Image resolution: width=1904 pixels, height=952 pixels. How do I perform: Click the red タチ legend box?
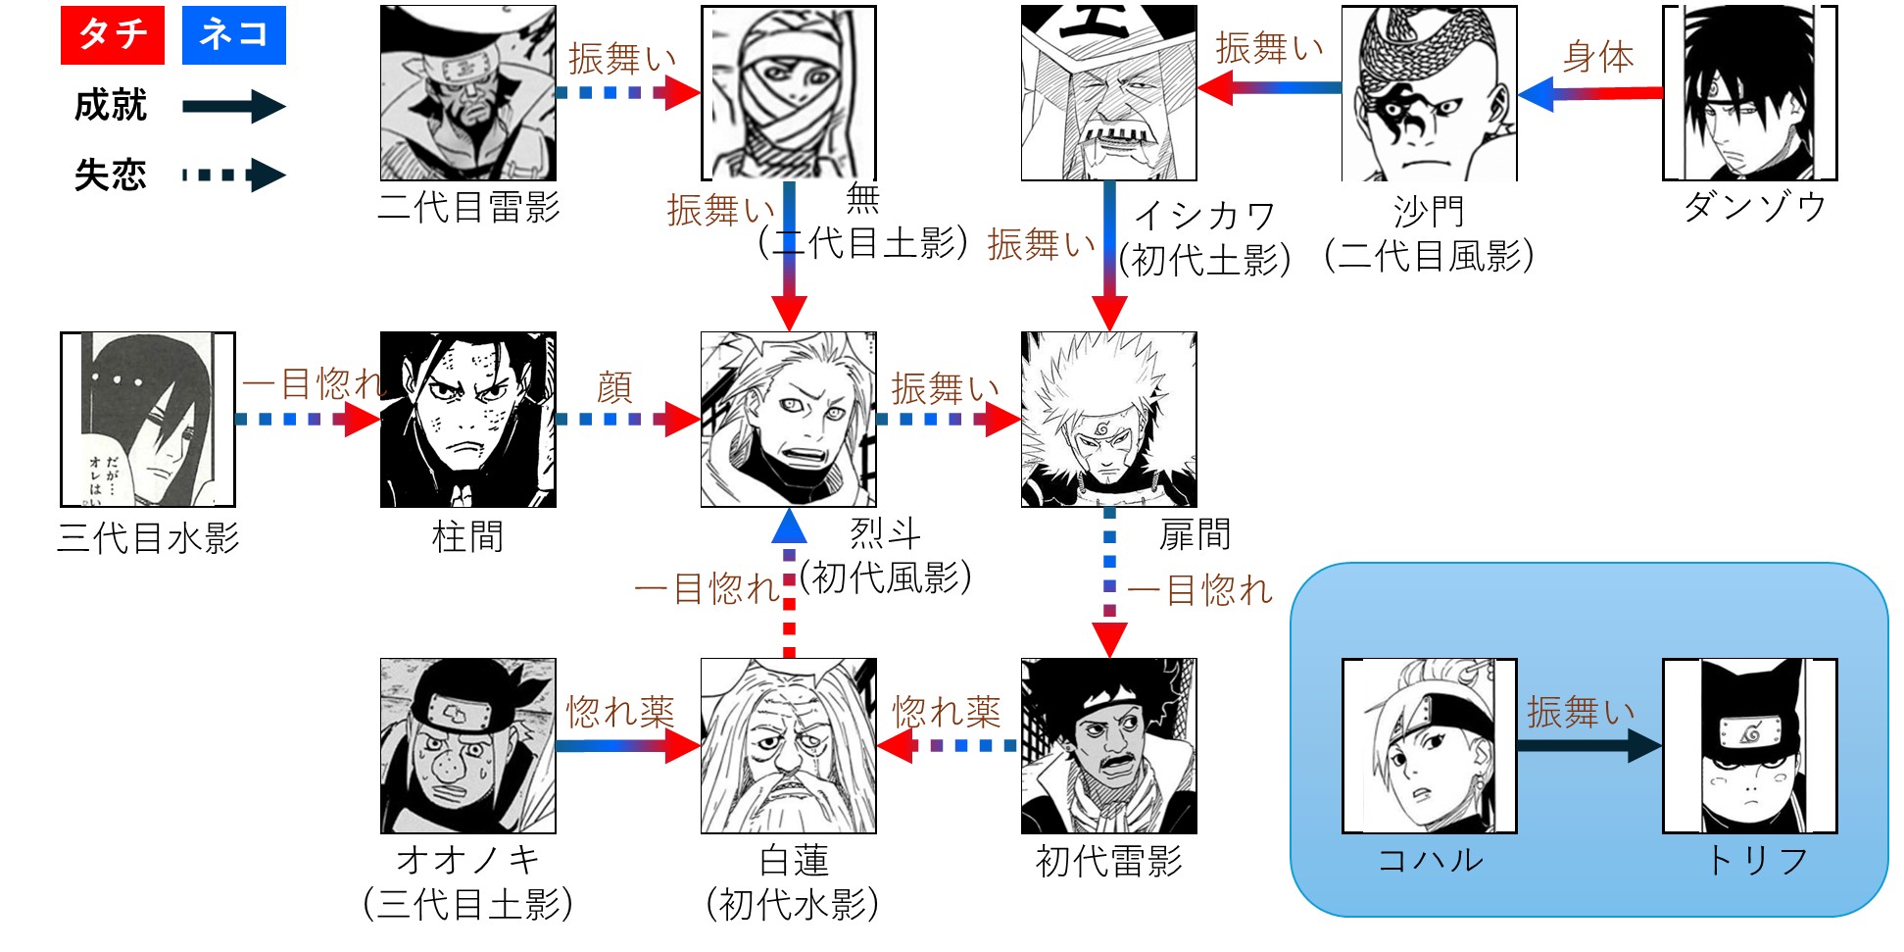pyautogui.click(x=112, y=35)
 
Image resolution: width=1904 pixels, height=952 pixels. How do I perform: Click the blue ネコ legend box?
pyautogui.click(x=233, y=35)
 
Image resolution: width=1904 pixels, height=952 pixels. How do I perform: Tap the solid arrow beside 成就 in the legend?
pyautogui.click(x=233, y=106)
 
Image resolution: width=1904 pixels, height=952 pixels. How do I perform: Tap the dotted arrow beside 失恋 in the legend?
pyautogui.click(x=233, y=175)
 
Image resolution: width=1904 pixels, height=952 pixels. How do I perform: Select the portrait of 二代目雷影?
pyautogui.click(x=467, y=93)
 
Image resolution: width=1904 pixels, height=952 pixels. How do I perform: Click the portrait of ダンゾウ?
pyautogui.click(x=1749, y=93)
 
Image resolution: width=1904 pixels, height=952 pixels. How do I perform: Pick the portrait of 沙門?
pyautogui.click(x=1429, y=93)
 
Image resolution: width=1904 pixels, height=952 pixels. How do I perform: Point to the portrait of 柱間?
pyautogui.click(x=467, y=420)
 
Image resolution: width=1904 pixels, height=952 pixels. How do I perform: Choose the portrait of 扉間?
pyautogui.click(x=1108, y=420)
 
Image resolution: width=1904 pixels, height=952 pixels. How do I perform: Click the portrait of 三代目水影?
pyautogui.click(x=148, y=420)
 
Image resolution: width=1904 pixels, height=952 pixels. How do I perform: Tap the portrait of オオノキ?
pyautogui.click(x=467, y=746)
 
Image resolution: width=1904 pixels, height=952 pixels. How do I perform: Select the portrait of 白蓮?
pyautogui.click(x=788, y=746)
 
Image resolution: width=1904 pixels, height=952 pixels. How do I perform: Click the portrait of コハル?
pyautogui.click(x=1429, y=746)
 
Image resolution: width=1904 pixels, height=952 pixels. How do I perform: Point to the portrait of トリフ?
pyautogui.click(x=1749, y=746)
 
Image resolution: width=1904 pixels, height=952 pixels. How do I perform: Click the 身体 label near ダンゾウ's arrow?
pyautogui.click(x=1598, y=58)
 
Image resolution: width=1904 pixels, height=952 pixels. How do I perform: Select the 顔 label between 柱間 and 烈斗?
pyautogui.click(x=614, y=387)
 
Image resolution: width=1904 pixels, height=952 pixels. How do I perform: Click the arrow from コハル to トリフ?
pyautogui.click(x=1588, y=746)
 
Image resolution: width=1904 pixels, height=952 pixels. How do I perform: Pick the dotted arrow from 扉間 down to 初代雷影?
pyautogui.click(x=1109, y=582)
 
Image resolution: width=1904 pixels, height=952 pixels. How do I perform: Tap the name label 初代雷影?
pyautogui.click(x=1108, y=862)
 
